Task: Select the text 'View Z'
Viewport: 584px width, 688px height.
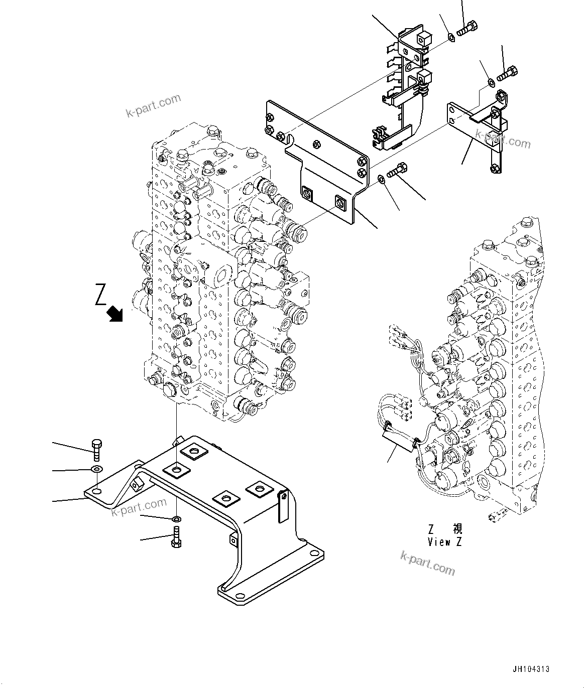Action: coord(444,542)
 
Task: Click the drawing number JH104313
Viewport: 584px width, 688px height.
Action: coord(531,669)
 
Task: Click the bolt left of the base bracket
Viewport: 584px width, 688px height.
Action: coord(97,450)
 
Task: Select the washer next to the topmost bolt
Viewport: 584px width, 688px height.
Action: coord(451,37)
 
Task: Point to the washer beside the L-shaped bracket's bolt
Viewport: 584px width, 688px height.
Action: coord(491,82)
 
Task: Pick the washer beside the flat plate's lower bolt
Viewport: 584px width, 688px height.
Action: coord(382,178)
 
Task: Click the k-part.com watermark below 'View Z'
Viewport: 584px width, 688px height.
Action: coord(427,562)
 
